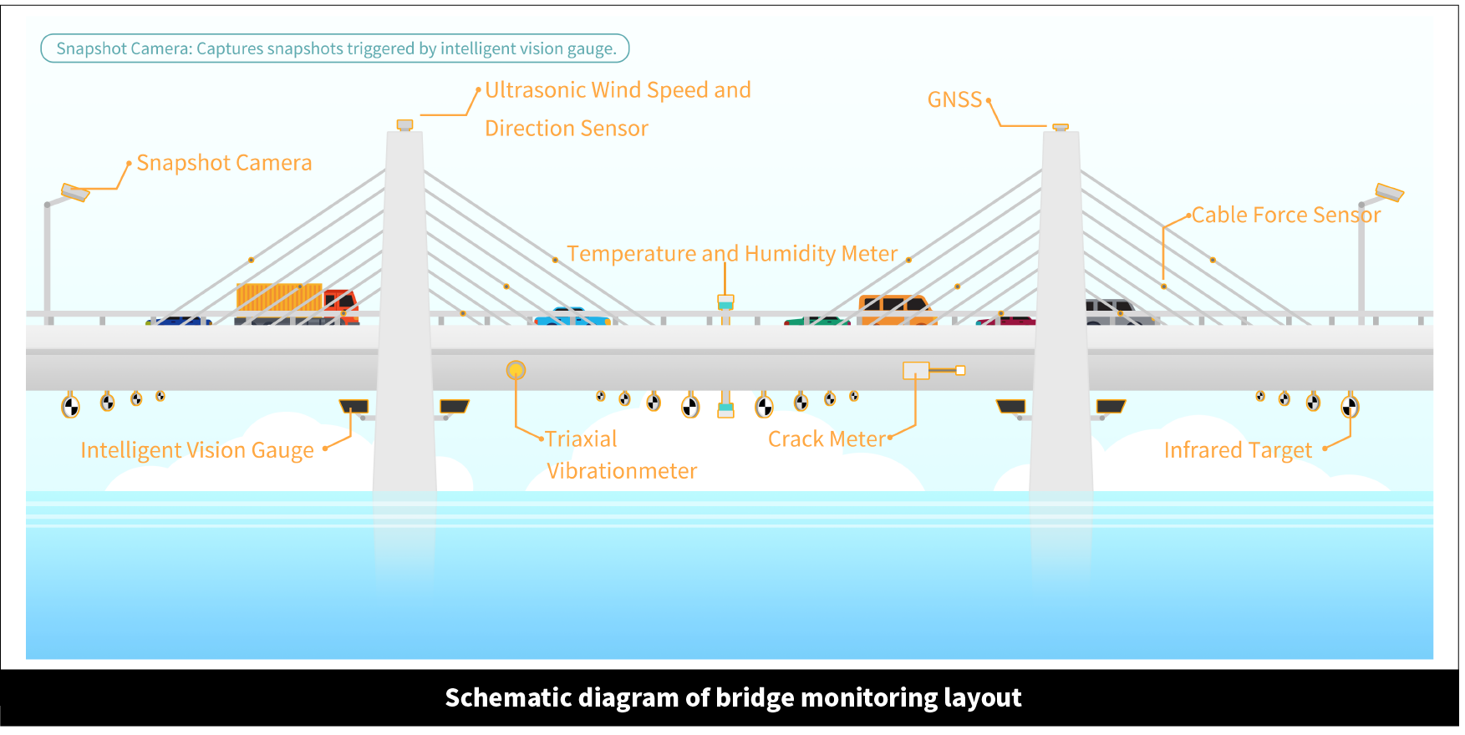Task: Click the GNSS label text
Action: point(954,99)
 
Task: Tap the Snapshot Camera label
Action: point(224,163)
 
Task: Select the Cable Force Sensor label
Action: point(1285,215)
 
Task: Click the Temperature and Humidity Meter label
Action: point(731,254)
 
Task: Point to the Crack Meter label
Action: point(826,439)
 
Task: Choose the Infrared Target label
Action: point(1238,450)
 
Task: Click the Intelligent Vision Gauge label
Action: point(197,450)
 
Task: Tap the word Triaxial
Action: point(581,439)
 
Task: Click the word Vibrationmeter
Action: point(622,471)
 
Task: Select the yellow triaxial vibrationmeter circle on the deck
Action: point(516,370)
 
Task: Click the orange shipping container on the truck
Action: point(279,297)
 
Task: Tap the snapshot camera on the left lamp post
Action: point(75,193)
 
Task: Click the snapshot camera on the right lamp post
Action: point(1389,193)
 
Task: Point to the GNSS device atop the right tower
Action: point(1060,127)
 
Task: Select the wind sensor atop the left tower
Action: point(404,125)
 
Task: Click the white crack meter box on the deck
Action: point(916,370)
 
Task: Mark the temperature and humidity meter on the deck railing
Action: point(725,303)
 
